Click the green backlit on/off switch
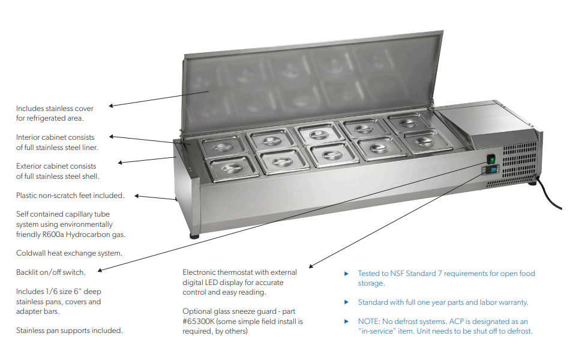tap(491, 160)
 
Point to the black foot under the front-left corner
tap(194, 236)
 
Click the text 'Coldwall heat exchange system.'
tap(69, 253)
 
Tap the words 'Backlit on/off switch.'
tap(50, 272)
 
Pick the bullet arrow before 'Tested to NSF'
tap(346, 274)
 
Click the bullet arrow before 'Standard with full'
tap(346, 302)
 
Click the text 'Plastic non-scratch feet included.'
tap(70, 196)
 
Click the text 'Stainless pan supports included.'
tap(69, 331)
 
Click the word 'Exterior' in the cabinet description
tap(29, 166)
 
